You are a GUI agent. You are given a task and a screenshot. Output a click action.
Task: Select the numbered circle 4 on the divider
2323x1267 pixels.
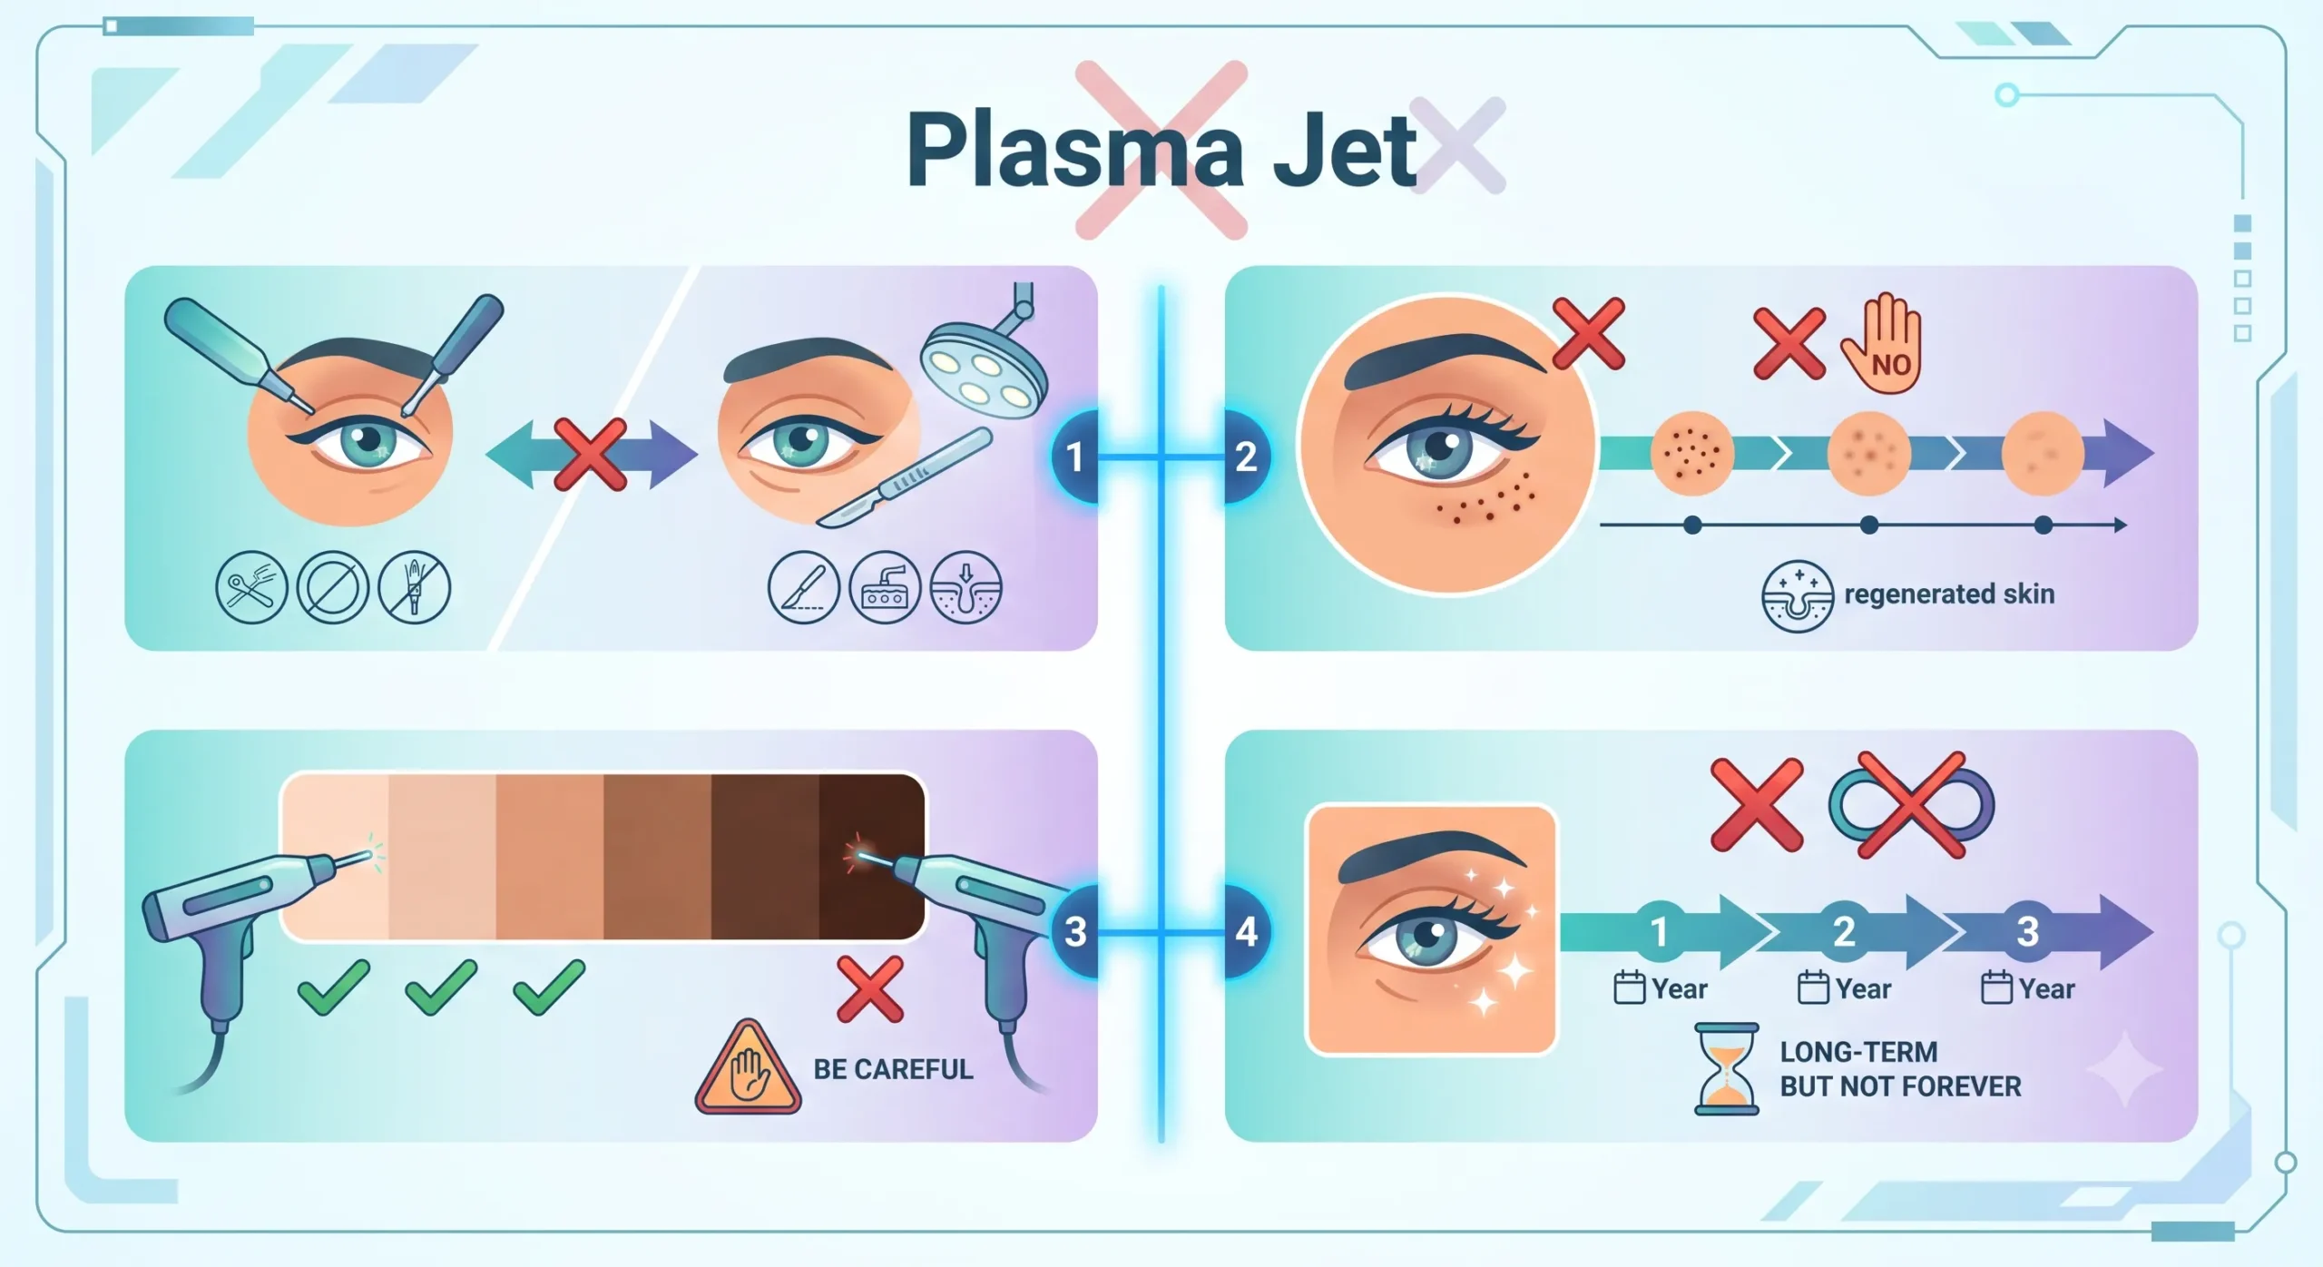(1247, 931)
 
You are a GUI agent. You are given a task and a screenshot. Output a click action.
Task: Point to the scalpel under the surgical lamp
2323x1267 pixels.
(904, 478)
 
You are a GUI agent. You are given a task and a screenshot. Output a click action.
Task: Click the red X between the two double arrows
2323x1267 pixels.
(591, 455)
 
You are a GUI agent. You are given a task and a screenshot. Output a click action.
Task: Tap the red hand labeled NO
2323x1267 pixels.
(1882, 343)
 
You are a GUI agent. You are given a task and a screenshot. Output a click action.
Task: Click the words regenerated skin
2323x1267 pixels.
(1949, 594)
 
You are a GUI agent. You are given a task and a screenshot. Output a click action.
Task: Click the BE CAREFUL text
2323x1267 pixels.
(893, 1069)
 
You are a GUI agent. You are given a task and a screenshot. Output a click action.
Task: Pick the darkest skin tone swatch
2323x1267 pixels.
(872, 857)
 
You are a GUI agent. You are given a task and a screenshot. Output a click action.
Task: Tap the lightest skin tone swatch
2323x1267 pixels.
(336, 857)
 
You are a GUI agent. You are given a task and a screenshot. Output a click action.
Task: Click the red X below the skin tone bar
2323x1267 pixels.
(869, 989)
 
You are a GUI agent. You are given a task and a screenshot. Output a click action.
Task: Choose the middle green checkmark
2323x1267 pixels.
(441, 987)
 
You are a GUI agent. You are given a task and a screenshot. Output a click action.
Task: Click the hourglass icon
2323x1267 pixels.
(1727, 1069)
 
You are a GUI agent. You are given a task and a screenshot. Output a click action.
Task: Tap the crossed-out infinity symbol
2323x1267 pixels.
(1911, 805)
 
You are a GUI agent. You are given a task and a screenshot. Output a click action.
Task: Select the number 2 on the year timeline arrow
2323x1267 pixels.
(1844, 932)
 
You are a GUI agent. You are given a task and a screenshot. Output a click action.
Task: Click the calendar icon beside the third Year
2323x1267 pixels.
(1996, 987)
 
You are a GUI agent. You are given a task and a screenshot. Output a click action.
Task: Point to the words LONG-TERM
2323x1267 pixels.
(1858, 1052)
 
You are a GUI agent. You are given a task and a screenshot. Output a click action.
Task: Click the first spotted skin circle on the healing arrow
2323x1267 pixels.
(1692, 454)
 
